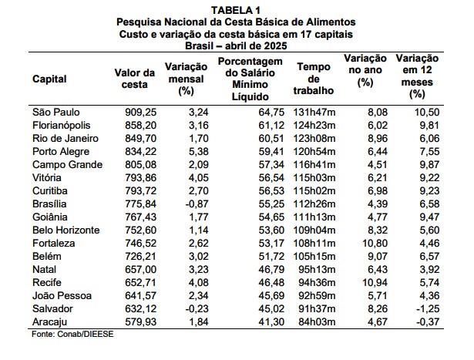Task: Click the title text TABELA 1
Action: pyautogui.click(x=236, y=10)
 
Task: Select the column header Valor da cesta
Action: pyautogui.click(x=135, y=79)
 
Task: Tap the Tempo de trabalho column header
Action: pyautogui.click(x=314, y=79)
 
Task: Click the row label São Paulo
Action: pyautogui.click(x=56, y=112)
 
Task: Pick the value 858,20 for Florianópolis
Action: pyautogui.click(x=141, y=125)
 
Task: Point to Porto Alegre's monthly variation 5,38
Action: pyautogui.click(x=199, y=151)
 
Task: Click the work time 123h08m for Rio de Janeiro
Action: pyautogui.click(x=314, y=139)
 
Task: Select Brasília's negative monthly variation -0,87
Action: pyautogui.click(x=197, y=204)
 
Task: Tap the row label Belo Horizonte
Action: pyautogui.click(x=66, y=230)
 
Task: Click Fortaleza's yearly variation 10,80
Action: pyautogui.click(x=375, y=243)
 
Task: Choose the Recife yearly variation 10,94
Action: pyautogui.click(x=375, y=282)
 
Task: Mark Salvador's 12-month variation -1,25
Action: pyautogui.click(x=428, y=308)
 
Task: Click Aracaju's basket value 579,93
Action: pyautogui.click(x=141, y=321)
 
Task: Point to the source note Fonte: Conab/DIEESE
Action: pyautogui.click(x=72, y=334)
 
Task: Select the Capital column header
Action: pyautogui.click(x=49, y=79)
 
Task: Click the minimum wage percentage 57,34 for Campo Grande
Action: pyautogui.click(x=271, y=164)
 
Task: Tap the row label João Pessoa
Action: pyautogui.click(x=62, y=295)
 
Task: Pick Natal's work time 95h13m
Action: pyautogui.click(x=317, y=269)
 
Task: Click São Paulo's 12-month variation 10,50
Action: pyautogui.click(x=427, y=112)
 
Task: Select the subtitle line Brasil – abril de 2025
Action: pyautogui.click(x=236, y=45)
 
